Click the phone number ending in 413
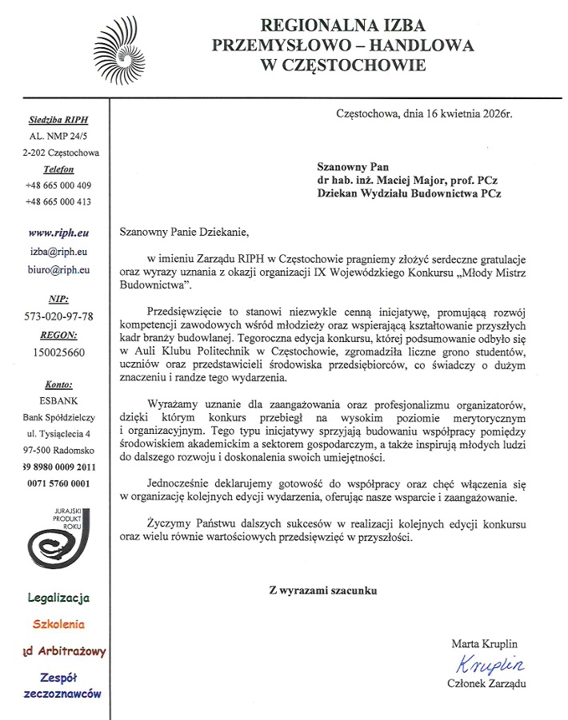tap(57, 202)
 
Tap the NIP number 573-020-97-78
tap(59, 317)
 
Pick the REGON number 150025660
tap(57, 352)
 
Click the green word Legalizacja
tap(58, 597)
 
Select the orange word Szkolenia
tap(58, 624)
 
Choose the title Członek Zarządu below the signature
tap(488, 683)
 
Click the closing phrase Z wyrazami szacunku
tap(322, 591)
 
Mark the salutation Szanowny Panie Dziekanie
tap(184, 233)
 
